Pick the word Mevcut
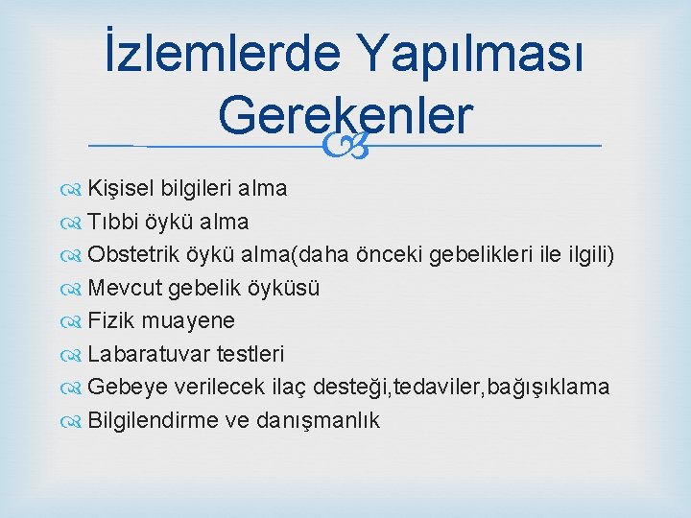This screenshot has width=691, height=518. click(x=125, y=288)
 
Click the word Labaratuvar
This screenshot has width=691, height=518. click(x=146, y=354)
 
